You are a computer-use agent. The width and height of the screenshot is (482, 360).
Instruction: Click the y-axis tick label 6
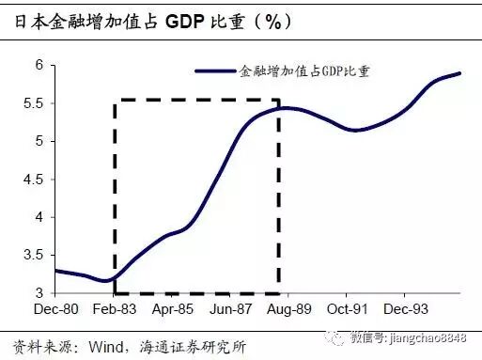click(39, 65)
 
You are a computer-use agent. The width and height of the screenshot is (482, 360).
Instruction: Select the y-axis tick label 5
click(39, 141)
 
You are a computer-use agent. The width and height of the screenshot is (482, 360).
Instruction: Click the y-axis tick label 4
click(39, 217)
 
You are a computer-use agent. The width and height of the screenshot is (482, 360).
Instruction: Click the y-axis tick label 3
click(39, 293)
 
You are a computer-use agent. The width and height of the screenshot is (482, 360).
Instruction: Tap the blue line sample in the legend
click(215, 71)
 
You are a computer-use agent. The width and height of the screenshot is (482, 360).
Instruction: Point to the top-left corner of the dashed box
click(115, 101)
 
